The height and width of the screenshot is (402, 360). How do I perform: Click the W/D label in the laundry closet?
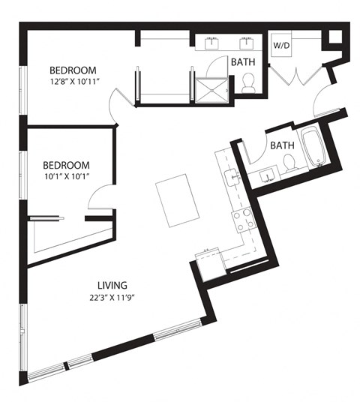click(x=280, y=45)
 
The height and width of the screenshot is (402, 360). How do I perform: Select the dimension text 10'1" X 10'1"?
click(x=66, y=177)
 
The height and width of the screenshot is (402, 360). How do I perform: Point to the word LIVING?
click(x=112, y=285)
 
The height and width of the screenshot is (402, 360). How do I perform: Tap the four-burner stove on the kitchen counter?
click(x=242, y=220)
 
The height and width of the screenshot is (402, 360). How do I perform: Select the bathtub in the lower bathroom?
click(x=310, y=148)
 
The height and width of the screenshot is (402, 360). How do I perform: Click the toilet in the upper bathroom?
click(x=248, y=85)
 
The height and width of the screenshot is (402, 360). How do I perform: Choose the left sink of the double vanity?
click(x=214, y=43)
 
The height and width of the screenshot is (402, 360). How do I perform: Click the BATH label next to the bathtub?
click(x=281, y=145)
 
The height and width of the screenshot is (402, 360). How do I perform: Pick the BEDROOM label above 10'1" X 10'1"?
click(x=66, y=165)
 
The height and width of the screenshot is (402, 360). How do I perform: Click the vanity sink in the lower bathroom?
click(x=267, y=178)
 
